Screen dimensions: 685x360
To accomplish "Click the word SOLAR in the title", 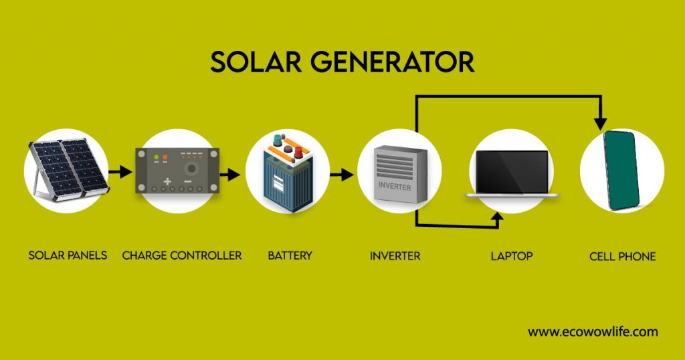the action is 256,62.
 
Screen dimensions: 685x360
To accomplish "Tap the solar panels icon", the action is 67,169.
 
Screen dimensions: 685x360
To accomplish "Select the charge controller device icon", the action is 177,171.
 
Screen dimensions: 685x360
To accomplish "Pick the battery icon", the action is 288,173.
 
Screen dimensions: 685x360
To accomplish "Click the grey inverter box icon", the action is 400,174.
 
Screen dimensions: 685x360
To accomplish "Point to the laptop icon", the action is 512,174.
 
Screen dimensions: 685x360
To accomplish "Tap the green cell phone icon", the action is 621,170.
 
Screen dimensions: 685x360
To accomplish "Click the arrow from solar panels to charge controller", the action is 120,172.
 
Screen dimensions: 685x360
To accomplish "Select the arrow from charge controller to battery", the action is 230,175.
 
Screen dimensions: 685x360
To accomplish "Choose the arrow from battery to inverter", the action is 342,175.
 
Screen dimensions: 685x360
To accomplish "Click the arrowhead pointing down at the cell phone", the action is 601,124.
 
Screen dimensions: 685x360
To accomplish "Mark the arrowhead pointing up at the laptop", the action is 497,217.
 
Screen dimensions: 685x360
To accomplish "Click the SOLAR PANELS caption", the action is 68,255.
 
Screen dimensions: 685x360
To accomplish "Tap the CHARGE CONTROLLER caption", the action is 182,255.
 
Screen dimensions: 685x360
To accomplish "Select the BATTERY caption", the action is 290,255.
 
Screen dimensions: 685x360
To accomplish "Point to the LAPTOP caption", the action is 512,256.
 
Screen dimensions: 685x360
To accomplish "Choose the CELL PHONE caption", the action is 623,256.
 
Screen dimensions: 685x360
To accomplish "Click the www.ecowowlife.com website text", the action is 593,332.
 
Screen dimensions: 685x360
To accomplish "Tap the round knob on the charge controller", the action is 191,168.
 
